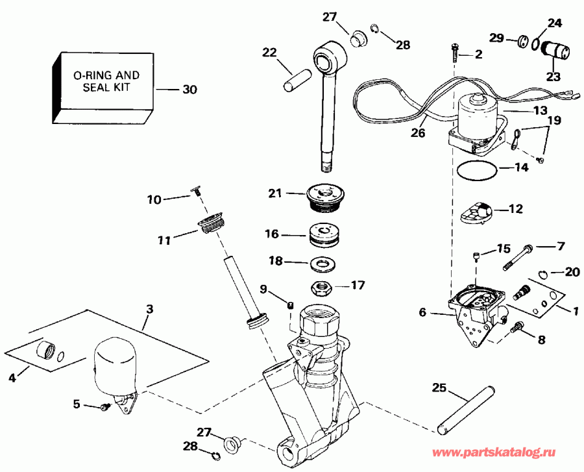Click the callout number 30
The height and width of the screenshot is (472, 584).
point(189,90)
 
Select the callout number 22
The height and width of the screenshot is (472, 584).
point(270,52)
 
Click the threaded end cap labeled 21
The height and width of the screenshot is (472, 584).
point(323,195)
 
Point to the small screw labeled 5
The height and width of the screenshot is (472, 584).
point(104,407)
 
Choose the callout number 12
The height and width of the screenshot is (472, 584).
point(515,209)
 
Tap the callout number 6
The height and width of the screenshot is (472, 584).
point(422,312)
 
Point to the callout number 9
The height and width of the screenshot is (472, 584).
point(263,288)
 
